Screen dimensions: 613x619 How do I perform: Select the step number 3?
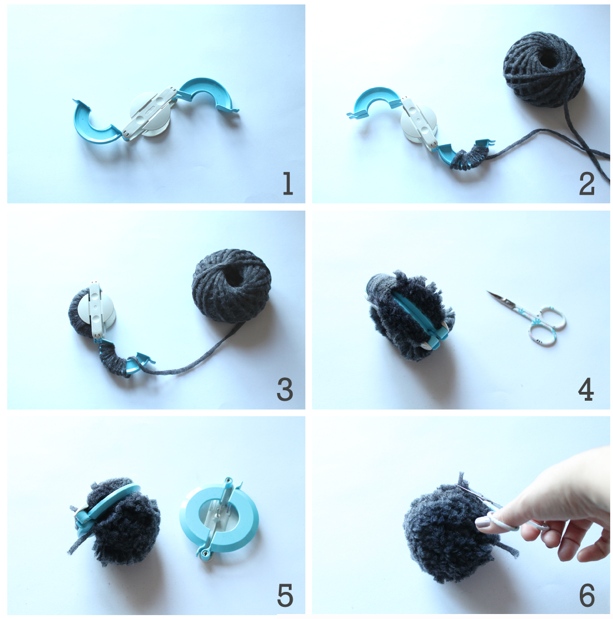pyautogui.click(x=284, y=390)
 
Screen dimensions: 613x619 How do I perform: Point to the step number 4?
pyautogui.click(x=586, y=390)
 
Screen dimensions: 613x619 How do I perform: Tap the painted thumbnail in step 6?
pyautogui.click(x=482, y=523)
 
